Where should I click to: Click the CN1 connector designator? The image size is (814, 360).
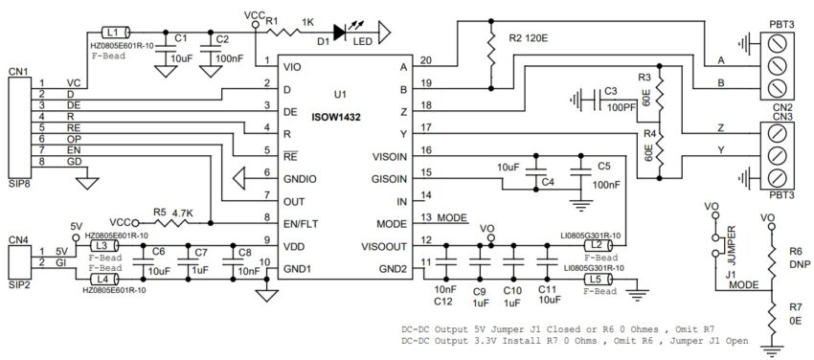tap(17, 70)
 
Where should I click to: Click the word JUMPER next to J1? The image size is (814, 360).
tap(731, 236)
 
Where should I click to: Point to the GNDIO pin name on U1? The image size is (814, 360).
tap(302, 178)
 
